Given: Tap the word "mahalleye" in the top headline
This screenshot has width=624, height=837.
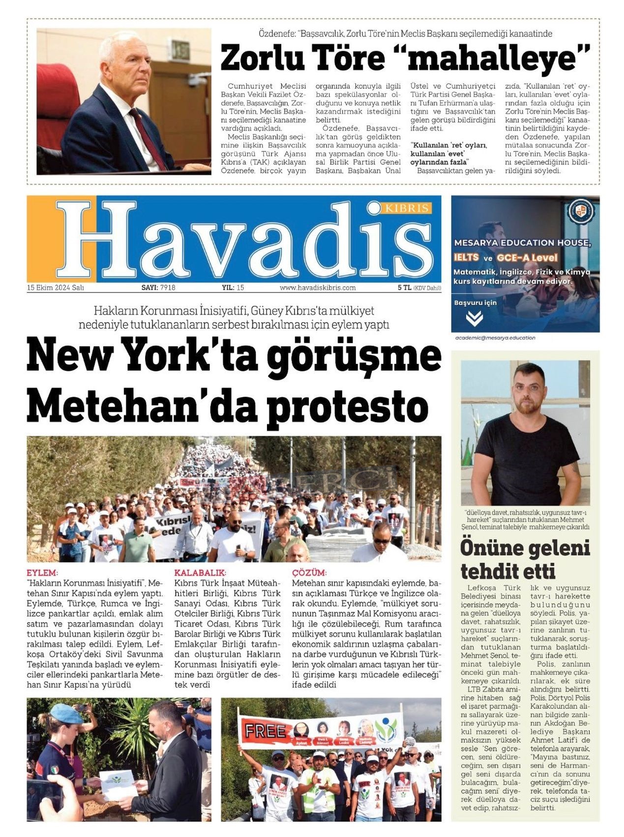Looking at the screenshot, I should tap(499, 58).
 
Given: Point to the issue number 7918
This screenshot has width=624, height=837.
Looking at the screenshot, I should tap(168, 288).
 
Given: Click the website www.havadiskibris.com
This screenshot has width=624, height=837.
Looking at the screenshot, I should tap(318, 288).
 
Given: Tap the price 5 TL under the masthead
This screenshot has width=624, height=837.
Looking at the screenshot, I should tap(404, 288).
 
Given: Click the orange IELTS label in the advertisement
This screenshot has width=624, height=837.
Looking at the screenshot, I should tap(466, 258).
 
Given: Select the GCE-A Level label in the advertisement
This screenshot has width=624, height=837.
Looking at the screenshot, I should tap(527, 258).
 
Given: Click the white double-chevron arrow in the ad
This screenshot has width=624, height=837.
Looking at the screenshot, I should tap(474, 319).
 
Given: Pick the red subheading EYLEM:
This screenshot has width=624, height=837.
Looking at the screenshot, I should tap(42, 573).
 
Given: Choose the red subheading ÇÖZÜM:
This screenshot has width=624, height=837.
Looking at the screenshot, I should tap(309, 573).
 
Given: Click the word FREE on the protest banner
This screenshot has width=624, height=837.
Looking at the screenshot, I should tap(265, 731).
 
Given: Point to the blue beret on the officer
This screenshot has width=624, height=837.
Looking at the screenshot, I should tap(66, 713).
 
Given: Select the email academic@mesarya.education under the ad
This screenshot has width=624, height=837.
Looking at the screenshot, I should tap(495, 338).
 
